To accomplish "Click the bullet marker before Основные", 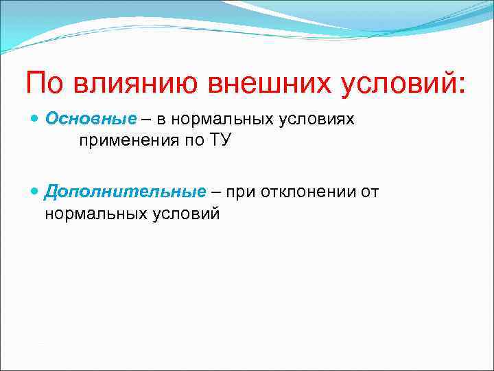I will click(x=36, y=120).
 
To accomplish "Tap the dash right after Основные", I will click(x=147, y=120).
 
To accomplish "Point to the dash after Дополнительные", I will click(x=215, y=192).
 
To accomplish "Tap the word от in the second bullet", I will click(x=369, y=192).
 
